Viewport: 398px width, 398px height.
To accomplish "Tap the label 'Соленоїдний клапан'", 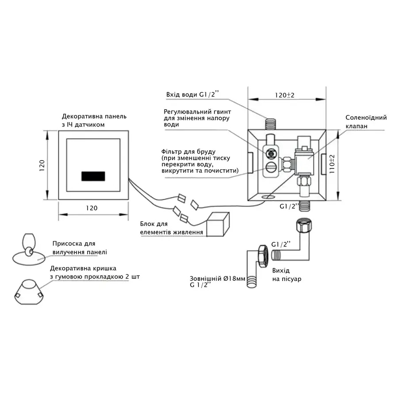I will click(x=366, y=122).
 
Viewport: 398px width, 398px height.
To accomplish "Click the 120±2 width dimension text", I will click(x=284, y=95).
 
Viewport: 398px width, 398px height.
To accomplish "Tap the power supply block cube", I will click(x=219, y=224).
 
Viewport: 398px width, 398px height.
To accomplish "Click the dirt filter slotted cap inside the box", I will click(x=271, y=167).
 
